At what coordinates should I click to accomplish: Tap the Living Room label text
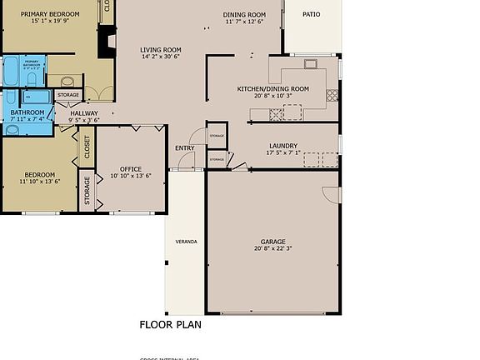pyautogui.click(x=160, y=50)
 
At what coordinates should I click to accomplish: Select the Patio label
pyautogui.click(x=310, y=14)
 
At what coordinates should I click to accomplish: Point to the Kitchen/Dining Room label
pyautogui.click(x=272, y=88)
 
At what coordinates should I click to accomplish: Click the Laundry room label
pyautogui.click(x=283, y=146)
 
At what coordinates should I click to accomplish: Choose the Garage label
pyautogui.click(x=272, y=240)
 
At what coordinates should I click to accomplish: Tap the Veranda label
pyautogui.click(x=186, y=242)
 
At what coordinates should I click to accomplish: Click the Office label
pyautogui.click(x=131, y=169)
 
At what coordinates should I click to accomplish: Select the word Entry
pyautogui.click(x=184, y=148)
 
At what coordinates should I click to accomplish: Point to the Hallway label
pyautogui.click(x=83, y=113)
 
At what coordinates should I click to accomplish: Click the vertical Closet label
pyautogui.click(x=87, y=147)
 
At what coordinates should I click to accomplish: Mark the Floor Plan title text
pyautogui.click(x=170, y=325)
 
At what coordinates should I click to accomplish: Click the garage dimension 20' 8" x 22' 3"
pyautogui.click(x=272, y=248)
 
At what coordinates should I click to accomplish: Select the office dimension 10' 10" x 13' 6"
pyautogui.click(x=131, y=177)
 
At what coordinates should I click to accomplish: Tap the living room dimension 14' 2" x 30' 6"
pyautogui.click(x=160, y=57)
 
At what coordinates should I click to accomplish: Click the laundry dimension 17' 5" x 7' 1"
pyautogui.click(x=283, y=153)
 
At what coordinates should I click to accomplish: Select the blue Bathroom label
pyautogui.click(x=27, y=112)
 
